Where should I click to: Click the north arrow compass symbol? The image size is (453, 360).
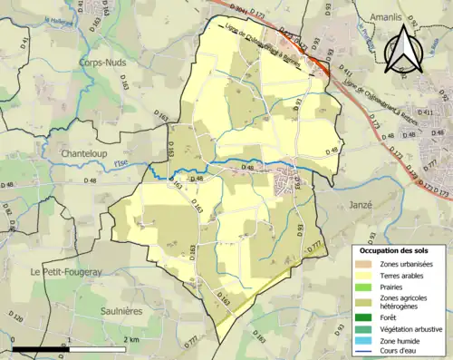pos(401,51)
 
